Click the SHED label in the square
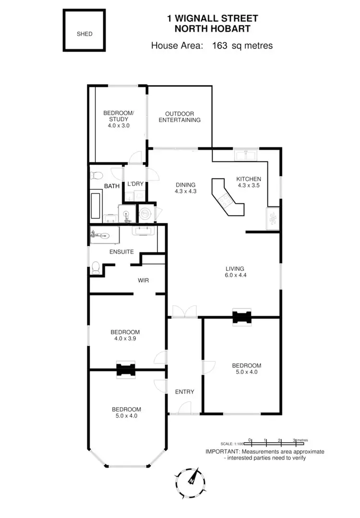pyautogui.click(x=84, y=34)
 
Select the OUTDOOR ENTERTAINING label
pyautogui.click(x=180, y=117)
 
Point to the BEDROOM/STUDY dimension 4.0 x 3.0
pyautogui.click(x=119, y=126)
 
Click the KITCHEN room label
pyautogui.click(x=249, y=179)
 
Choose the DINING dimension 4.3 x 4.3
pyautogui.click(x=185, y=191)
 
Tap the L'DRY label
pyautogui.click(x=135, y=184)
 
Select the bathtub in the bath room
pyautogui.click(x=96, y=205)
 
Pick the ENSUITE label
pyautogui.click(x=121, y=252)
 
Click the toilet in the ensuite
pyautogui.click(x=96, y=266)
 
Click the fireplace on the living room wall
pyautogui.click(x=241, y=317)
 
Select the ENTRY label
pyautogui.click(x=185, y=392)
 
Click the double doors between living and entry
pyautogui.click(x=184, y=312)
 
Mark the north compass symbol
pyautogui.click(x=191, y=478)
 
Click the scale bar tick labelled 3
pyautogui.click(x=294, y=440)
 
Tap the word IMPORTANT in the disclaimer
pyautogui.click(x=223, y=452)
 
